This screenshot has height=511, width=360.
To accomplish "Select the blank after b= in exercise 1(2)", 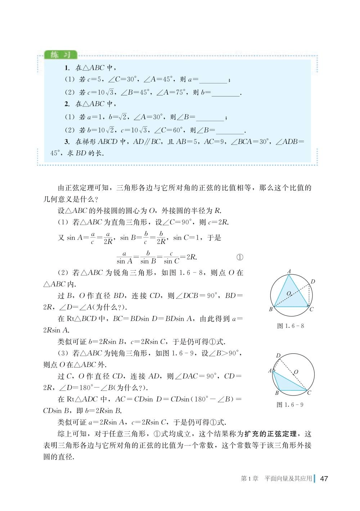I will [226, 93].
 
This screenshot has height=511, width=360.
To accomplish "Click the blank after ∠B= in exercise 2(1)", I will [210, 118].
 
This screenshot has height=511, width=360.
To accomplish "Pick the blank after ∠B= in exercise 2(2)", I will [230, 131].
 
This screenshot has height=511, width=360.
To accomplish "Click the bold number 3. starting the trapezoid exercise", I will [67, 142].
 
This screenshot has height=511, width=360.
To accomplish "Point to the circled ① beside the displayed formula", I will [240, 257].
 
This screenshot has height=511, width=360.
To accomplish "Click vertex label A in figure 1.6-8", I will [289, 272].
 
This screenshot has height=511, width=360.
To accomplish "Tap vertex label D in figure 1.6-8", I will [313, 281].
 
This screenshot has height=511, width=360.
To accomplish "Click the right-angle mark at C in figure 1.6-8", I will [308, 306].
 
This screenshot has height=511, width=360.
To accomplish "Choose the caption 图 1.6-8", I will [291, 326].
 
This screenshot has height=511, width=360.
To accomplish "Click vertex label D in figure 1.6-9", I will [278, 356].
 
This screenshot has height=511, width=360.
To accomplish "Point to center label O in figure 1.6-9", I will [296, 372].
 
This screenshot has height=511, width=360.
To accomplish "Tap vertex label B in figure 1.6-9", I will [277, 393].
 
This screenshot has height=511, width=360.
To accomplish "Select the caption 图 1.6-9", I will [290, 405].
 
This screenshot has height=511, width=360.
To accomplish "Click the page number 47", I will [324, 479].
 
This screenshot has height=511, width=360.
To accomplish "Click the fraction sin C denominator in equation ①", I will [171, 262].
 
